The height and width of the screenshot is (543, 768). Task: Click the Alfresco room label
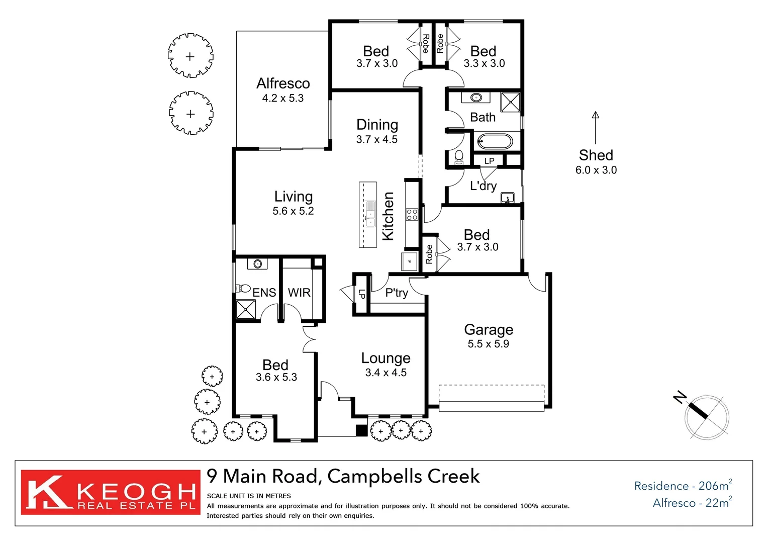[283, 83]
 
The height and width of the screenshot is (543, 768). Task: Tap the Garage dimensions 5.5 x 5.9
[488, 344]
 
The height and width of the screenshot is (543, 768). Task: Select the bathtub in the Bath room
[495, 141]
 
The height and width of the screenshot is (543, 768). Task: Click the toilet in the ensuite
[243, 288]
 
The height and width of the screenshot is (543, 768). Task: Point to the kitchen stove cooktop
[412, 215]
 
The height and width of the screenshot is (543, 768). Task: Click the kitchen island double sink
[370, 214]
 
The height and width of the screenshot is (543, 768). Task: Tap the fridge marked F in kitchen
[409, 261]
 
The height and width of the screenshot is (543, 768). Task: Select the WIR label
[299, 293]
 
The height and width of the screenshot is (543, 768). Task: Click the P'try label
[397, 293]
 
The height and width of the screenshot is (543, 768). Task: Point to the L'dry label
[483, 186]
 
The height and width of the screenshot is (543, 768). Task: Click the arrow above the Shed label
[596, 128]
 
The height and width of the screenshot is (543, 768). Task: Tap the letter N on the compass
[680, 397]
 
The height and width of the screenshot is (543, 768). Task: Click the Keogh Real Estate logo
[111, 492]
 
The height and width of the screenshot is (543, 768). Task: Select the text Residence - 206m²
[683, 485]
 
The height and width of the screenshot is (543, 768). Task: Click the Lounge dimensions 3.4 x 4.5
[386, 373]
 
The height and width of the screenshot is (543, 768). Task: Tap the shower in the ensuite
[246, 309]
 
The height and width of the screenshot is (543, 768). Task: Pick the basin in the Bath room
[476, 98]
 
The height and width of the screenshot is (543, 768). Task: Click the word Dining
[377, 125]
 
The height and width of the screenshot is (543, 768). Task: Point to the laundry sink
[508, 198]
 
